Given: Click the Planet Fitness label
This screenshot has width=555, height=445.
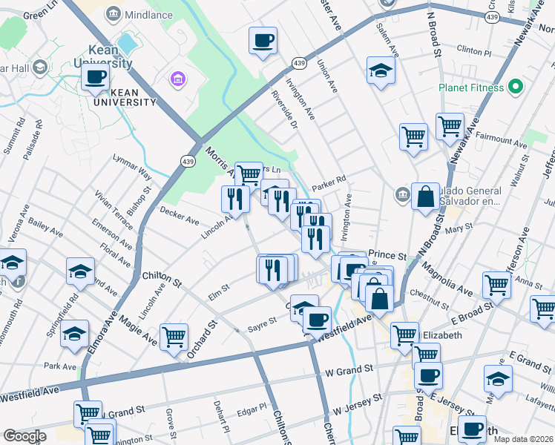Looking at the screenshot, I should point(470,88).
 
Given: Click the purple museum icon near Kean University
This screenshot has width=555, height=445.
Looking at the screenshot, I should point(177,78).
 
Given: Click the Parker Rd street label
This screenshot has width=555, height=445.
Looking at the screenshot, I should point(329,180).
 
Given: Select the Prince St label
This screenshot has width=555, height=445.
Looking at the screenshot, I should point(387,256).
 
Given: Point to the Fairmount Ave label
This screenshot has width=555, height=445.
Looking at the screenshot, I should point(501,139).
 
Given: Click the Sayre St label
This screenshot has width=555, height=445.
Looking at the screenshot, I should point(262,320).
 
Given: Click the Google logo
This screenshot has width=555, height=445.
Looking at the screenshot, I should point(24,436).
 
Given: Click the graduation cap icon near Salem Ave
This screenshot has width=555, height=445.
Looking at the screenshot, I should point(381,70).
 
